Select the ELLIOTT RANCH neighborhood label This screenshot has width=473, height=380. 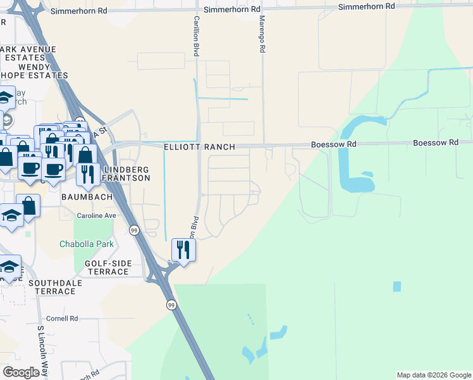pyautogui.click(x=199, y=147)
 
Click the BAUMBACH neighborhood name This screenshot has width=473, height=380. pyautogui.click(x=87, y=197)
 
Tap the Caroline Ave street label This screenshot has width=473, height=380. pyautogui.click(x=97, y=215)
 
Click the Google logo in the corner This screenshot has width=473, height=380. pyautogui.click(x=21, y=372)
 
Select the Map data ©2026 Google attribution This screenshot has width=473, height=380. pyautogui.click(x=433, y=375)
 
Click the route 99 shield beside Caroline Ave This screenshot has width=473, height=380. pyautogui.click(x=134, y=230)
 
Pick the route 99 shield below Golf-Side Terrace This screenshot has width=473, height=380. pyautogui.click(x=171, y=305)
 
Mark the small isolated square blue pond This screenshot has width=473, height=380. pyautogui.click(x=396, y=286)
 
